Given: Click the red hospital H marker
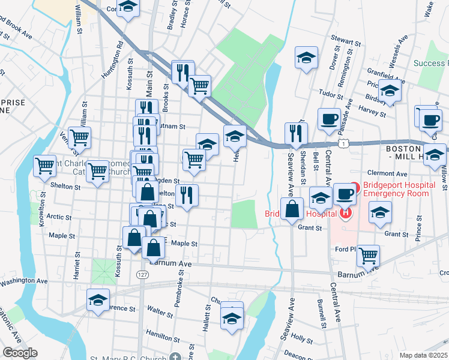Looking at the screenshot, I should point(345,212).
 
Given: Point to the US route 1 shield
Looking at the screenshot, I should point(342,144).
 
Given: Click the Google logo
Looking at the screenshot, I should point(20,353).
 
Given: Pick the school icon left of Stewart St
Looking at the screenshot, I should point(306,58).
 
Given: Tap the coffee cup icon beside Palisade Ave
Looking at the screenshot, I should point(328,119).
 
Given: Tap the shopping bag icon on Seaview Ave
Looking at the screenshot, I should point(292,209).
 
